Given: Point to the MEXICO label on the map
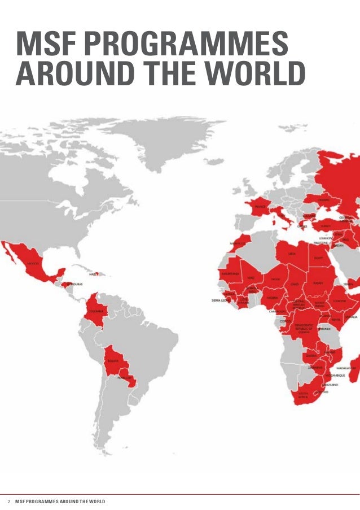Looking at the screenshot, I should tap(33, 263).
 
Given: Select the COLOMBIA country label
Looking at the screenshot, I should tap(95, 311).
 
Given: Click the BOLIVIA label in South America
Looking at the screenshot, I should tap(113, 360).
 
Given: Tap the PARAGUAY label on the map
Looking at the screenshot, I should tap(125, 378).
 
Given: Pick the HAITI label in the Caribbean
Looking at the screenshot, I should tap(94, 274).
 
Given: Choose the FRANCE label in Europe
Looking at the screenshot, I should tap(260, 207).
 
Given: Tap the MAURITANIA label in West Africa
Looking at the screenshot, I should tap(231, 273).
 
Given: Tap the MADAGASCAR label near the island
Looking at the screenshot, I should tap(348, 367).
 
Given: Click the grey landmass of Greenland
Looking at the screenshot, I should tap(169, 141).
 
